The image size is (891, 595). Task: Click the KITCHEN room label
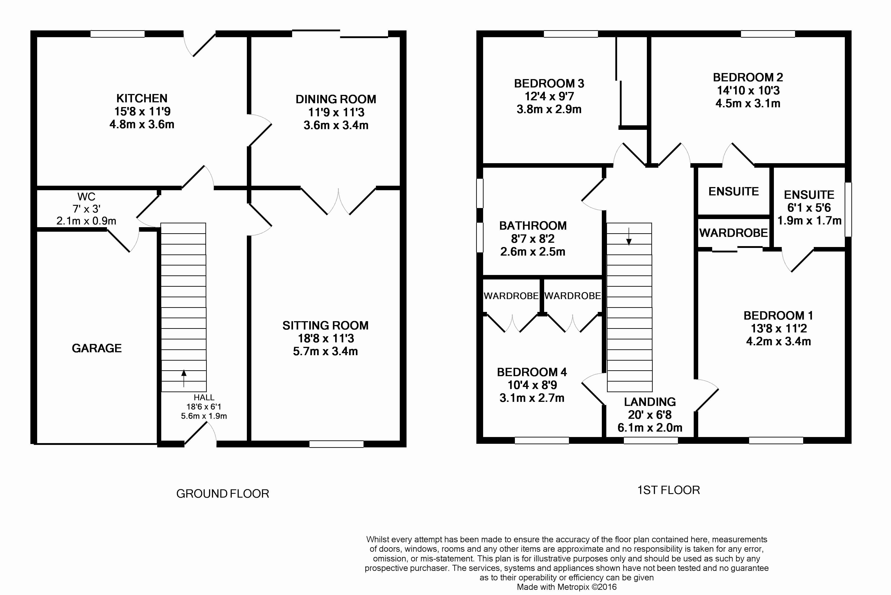click(x=142, y=98)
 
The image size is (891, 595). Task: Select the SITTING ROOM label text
click(x=325, y=326)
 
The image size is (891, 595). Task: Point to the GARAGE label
click(x=97, y=348)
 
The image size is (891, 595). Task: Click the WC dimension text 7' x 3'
click(x=86, y=209)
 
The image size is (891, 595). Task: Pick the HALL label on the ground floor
click(x=204, y=397)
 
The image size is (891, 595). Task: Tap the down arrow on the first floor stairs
click(x=629, y=236)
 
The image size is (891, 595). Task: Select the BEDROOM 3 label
click(x=549, y=83)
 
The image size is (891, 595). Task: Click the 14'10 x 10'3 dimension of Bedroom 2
click(x=748, y=90)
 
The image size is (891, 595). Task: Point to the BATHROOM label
click(x=533, y=226)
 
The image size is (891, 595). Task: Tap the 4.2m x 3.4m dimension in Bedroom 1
click(x=778, y=341)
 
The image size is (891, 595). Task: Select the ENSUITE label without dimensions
click(x=734, y=192)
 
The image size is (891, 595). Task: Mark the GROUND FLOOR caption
click(x=223, y=494)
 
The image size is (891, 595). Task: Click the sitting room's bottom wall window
click(x=336, y=444)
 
